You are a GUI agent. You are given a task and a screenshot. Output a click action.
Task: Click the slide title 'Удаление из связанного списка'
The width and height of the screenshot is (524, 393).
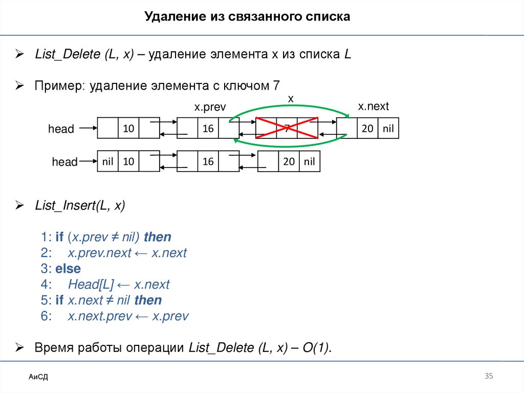coord(247,17)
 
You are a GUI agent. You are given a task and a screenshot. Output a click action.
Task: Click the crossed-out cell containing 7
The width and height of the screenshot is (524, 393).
coord(287,129)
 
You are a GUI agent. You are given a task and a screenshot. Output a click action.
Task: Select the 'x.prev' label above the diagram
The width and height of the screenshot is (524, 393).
coord(209,108)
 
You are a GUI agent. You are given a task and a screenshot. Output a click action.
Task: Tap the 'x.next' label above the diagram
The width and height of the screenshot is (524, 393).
coord(373,106)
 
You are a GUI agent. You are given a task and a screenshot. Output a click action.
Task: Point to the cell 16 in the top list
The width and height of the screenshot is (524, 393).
coord(208,129)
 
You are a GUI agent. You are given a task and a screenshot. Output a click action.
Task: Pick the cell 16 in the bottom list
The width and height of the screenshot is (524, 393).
coord(208,161)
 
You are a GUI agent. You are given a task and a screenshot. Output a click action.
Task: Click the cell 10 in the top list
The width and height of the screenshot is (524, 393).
coord(128,129)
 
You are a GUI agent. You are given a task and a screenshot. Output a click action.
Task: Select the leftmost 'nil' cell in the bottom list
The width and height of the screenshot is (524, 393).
coord(107,161)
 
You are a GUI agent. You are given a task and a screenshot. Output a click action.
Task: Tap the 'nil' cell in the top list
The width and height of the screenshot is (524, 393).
coord(388,129)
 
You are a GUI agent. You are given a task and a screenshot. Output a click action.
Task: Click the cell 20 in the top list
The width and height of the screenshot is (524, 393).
coord(367,129)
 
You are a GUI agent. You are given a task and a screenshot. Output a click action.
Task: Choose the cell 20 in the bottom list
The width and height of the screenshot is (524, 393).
coord(289,161)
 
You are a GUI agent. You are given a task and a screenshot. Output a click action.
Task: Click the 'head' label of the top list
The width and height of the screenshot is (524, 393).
coord(61,129)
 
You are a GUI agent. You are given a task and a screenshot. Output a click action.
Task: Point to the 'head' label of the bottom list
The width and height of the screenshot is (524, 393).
coord(64,162)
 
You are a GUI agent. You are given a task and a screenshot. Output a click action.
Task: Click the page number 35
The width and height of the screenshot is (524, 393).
coord(488,377)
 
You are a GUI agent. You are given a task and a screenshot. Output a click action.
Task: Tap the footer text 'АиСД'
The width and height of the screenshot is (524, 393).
coord(38,378)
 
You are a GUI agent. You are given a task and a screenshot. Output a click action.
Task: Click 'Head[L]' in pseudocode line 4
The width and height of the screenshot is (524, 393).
coord(89,284)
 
